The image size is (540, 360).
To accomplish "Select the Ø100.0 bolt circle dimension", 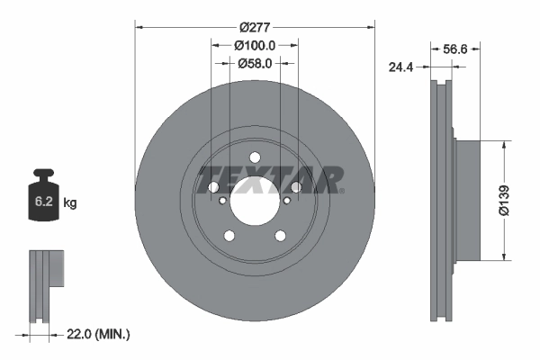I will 255,44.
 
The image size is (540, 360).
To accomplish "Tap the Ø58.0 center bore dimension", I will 255,63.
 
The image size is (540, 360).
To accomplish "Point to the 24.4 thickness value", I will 400,66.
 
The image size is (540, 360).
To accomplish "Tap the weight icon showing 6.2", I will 44,200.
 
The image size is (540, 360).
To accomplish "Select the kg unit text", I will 70,203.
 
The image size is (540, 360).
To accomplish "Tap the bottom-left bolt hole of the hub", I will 229,235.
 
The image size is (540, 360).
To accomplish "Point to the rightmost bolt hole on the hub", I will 295,187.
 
